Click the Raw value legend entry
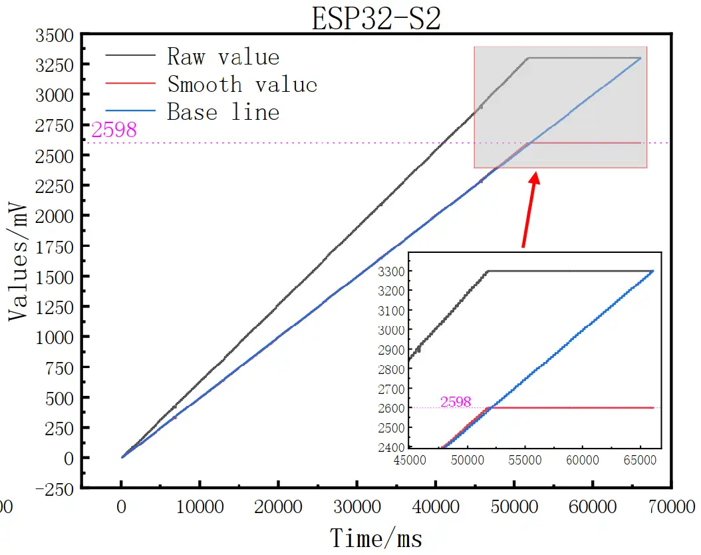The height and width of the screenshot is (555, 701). point(223,57)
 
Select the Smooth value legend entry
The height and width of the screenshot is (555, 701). point(242,85)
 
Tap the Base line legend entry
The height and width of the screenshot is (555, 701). point(223,111)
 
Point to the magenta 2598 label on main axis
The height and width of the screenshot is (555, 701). point(114,130)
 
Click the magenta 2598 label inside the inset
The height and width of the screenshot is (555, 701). point(456,402)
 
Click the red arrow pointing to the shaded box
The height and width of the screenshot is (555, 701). point(529,210)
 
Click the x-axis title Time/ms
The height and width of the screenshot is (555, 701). point(376,536)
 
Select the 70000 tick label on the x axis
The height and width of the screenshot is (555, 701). point(669,507)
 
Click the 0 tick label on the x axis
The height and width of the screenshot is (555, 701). point(121,507)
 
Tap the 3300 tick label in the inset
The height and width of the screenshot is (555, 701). point(391,272)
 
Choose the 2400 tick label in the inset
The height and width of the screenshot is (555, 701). point(391,447)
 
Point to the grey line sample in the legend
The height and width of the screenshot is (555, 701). point(130,57)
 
